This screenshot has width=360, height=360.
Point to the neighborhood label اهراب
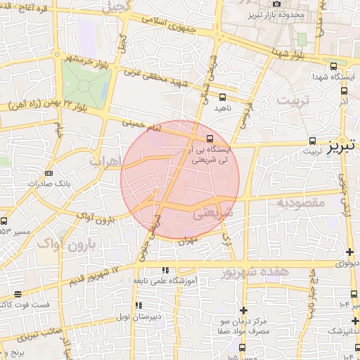click(x=105, y=162)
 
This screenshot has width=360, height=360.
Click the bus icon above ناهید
click(x=223, y=98)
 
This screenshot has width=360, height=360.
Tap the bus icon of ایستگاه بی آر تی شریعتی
click(x=211, y=137)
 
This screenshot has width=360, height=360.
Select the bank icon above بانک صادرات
click(x=49, y=172)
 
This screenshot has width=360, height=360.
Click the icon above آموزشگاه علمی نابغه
click(x=165, y=270)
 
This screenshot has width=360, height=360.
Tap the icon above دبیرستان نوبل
click(x=139, y=306)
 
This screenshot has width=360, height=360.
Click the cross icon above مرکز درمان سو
click(x=243, y=310)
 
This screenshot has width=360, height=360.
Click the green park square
click(x=85, y=86)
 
